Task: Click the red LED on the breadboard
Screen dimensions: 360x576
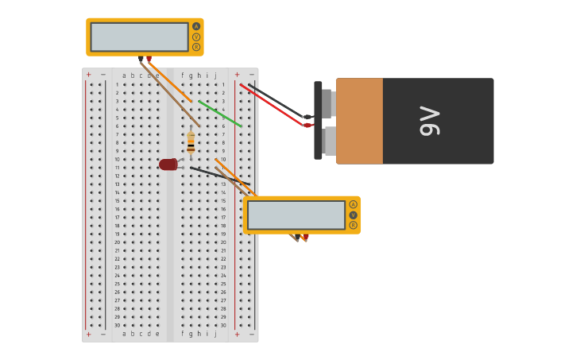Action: pyautogui.click(x=168, y=165)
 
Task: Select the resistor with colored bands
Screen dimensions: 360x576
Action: pyautogui.click(x=191, y=142)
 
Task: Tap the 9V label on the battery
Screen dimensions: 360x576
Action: pyautogui.click(x=429, y=121)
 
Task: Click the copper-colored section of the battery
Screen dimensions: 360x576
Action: pyautogui.click(x=359, y=121)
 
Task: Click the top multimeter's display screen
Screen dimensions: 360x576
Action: pyautogui.click(x=139, y=37)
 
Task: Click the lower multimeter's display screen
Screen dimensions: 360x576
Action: pyautogui.click(x=296, y=215)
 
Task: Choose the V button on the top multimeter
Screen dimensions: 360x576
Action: pyautogui.click(x=196, y=37)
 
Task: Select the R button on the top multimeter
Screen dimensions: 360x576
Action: pyautogui.click(x=196, y=47)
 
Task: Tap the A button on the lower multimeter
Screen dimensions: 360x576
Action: pyautogui.click(x=353, y=204)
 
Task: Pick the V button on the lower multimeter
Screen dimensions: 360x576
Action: pyautogui.click(x=353, y=215)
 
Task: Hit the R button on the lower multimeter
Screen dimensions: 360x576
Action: pyautogui.click(x=353, y=225)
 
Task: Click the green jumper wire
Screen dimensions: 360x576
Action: pyautogui.click(x=220, y=114)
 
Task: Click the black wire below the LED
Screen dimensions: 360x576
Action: pyautogui.click(x=218, y=175)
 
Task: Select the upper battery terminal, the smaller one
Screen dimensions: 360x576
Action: pyautogui.click(x=327, y=103)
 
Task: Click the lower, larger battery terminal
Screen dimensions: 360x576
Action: pyautogui.click(x=329, y=141)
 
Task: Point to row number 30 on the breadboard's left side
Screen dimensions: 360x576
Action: pyautogui.click(x=117, y=325)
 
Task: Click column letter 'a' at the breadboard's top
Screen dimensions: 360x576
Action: pyautogui.click(x=124, y=75)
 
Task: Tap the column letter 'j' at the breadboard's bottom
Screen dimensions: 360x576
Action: pyautogui.click(x=215, y=334)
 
